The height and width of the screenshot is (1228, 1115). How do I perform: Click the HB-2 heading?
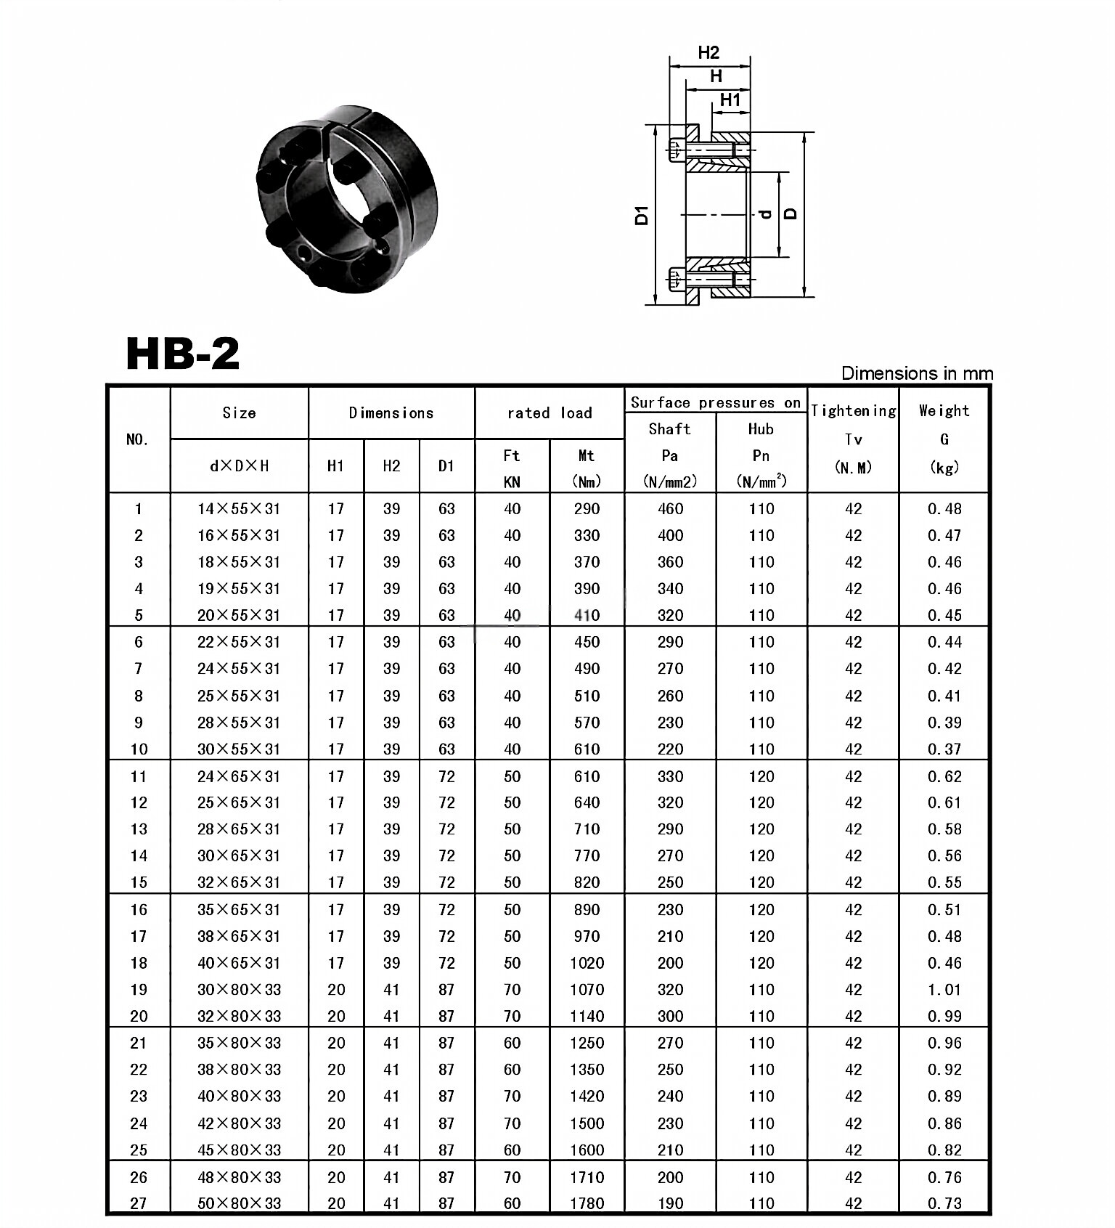coord(183,354)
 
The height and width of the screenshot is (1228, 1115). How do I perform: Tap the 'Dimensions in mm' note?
coord(916,373)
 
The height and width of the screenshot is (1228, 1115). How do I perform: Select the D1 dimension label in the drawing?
coord(642,215)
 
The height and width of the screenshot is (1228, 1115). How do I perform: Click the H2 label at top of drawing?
coord(708,52)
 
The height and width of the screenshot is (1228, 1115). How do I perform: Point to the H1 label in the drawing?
coord(730,99)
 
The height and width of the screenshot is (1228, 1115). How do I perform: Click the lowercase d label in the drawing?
coord(764,214)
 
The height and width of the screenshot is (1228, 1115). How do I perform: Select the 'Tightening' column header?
coord(853,411)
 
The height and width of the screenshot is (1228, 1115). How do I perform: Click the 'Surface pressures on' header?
coord(715,402)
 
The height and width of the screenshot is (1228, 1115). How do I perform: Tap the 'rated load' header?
coord(550,412)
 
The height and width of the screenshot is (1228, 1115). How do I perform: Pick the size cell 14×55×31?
coord(239,509)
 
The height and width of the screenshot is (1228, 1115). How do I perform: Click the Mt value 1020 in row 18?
coord(587,963)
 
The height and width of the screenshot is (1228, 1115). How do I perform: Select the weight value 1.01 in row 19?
coord(944,989)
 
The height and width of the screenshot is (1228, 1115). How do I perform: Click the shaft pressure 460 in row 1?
coord(670,509)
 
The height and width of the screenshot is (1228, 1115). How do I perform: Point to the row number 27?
coord(138,1203)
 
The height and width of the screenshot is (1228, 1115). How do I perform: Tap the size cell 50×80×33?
coord(239,1203)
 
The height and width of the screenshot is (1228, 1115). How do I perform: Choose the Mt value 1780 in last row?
coord(587,1203)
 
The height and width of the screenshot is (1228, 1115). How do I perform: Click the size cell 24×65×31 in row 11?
coord(239,776)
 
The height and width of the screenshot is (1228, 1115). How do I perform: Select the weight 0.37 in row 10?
coord(944,749)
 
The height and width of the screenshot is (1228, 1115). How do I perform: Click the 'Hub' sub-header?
coord(761,428)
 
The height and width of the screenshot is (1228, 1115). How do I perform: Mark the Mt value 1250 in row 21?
coord(587,1043)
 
